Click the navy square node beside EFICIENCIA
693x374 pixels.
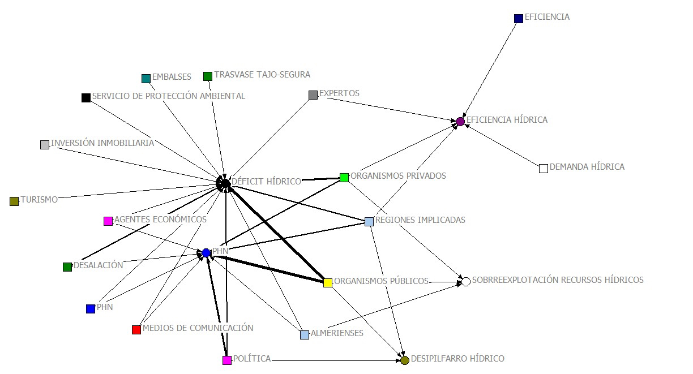519,19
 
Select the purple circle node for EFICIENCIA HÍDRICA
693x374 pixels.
460,122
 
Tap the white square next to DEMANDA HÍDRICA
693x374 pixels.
544,168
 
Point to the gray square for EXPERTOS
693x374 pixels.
313,95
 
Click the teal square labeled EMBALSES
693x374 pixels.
146,79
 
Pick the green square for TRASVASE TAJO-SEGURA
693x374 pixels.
208,76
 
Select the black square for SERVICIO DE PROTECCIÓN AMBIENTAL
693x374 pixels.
86,98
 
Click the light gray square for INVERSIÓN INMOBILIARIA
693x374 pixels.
45,145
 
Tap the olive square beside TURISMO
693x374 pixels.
14,201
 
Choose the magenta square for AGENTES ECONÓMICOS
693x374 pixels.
108,221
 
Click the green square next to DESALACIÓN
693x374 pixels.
67,267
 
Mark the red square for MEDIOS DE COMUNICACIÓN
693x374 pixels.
136,330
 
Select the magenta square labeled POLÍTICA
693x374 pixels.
227,360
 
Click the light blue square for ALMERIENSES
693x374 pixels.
305,335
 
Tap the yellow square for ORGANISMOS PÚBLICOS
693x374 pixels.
328,283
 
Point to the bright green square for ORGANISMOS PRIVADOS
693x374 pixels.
344,178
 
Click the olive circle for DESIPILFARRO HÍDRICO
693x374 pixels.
405,360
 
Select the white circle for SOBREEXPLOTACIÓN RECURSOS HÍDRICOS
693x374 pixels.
466,282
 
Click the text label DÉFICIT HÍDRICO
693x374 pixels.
266,182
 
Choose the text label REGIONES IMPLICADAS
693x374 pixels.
420,220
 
